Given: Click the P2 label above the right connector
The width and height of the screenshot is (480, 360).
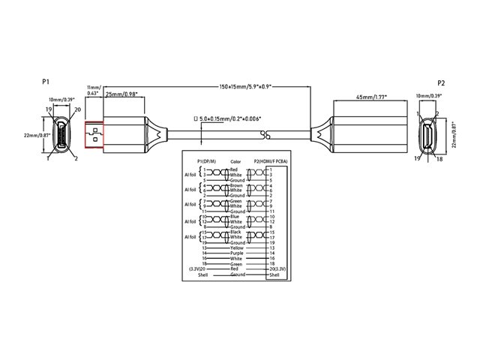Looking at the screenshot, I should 442,82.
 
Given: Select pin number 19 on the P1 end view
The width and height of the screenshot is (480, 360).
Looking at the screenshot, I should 46,110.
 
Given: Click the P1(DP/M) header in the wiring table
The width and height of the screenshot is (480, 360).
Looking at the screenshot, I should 205,160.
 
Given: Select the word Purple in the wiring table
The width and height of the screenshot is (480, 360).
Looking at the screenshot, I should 238,253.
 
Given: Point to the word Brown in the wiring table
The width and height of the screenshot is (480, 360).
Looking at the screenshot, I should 237,184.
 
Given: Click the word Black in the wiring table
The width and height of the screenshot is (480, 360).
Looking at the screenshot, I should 236,232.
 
